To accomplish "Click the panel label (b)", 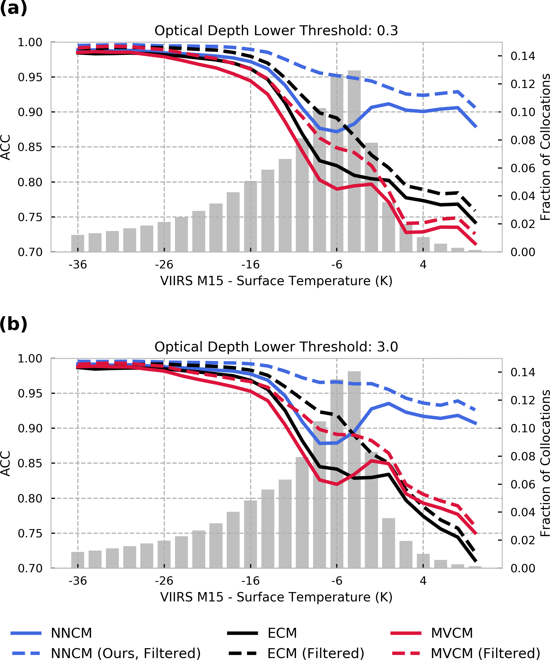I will tap(13, 324).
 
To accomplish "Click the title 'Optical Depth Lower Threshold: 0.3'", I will tap(276, 31).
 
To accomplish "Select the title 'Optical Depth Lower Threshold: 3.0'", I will tap(276, 347).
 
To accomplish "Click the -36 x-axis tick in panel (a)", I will tap(78, 265).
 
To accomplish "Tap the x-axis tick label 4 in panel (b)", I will tap(423, 581).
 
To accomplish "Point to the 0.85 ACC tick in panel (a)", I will tap(30, 147).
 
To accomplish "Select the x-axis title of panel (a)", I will tap(276, 281).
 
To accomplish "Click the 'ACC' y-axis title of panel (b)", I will tap(6, 464).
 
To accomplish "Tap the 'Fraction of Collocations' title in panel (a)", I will tap(545, 147).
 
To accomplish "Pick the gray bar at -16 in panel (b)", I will tap(251, 534).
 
